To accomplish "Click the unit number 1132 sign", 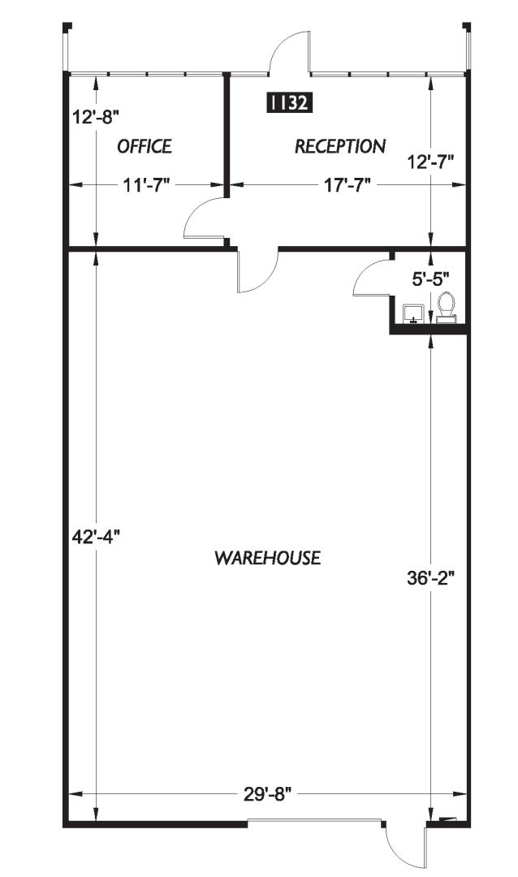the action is (x=289, y=102).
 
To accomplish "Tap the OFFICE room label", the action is (x=145, y=146).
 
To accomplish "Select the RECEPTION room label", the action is (x=340, y=146).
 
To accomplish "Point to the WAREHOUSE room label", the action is (x=268, y=558).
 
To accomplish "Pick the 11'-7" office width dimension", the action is (x=146, y=186).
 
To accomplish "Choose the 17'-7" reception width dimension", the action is (x=348, y=186).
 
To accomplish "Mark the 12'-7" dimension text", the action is (x=430, y=162).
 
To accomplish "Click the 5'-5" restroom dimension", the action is (x=431, y=279).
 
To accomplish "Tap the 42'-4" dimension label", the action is (x=97, y=537).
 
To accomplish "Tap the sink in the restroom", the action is (x=413, y=313).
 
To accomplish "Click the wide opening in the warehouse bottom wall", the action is (x=314, y=821).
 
